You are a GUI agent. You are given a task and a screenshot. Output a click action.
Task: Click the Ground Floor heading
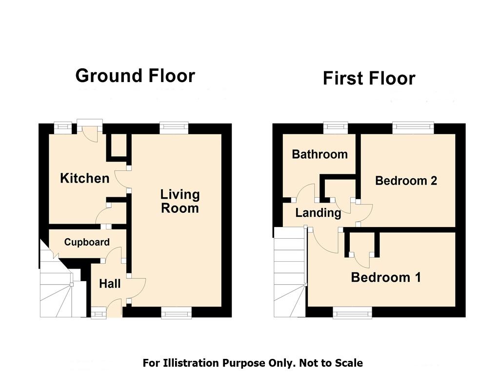pyautogui.click(x=135, y=76)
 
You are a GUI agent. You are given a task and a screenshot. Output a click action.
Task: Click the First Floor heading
pyautogui.click(x=369, y=79)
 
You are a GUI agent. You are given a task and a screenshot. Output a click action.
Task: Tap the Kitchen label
pyautogui.click(x=85, y=178)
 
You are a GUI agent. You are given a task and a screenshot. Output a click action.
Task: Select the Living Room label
pyautogui.click(x=180, y=201)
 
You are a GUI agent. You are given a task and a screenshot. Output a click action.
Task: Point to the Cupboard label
pyautogui.click(x=87, y=242)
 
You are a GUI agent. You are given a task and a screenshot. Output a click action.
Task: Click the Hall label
pyautogui.click(x=110, y=284)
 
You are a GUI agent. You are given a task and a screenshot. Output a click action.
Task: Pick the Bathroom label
pyautogui.click(x=320, y=154)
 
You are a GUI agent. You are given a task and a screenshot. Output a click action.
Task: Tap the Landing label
pyautogui.click(x=318, y=213)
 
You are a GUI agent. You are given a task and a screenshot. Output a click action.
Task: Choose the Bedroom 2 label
pyautogui.click(x=406, y=181)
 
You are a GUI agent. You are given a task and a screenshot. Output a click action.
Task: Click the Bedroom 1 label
pyautogui.click(x=386, y=277)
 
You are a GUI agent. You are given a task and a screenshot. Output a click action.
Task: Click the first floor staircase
pyautogui.click(x=290, y=272)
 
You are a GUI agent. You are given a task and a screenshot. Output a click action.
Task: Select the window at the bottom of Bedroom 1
pyautogui.click(x=353, y=312)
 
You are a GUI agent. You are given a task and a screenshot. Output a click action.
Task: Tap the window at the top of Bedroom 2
pyautogui.click(x=413, y=128)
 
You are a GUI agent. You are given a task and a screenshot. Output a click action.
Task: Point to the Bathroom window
pyautogui.click(x=336, y=128)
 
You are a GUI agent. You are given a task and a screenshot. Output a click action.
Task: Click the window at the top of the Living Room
pyautogui.click(x=174, y=128)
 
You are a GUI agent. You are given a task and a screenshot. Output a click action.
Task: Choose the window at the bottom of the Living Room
pyautogui.click(x=176, y=312)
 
